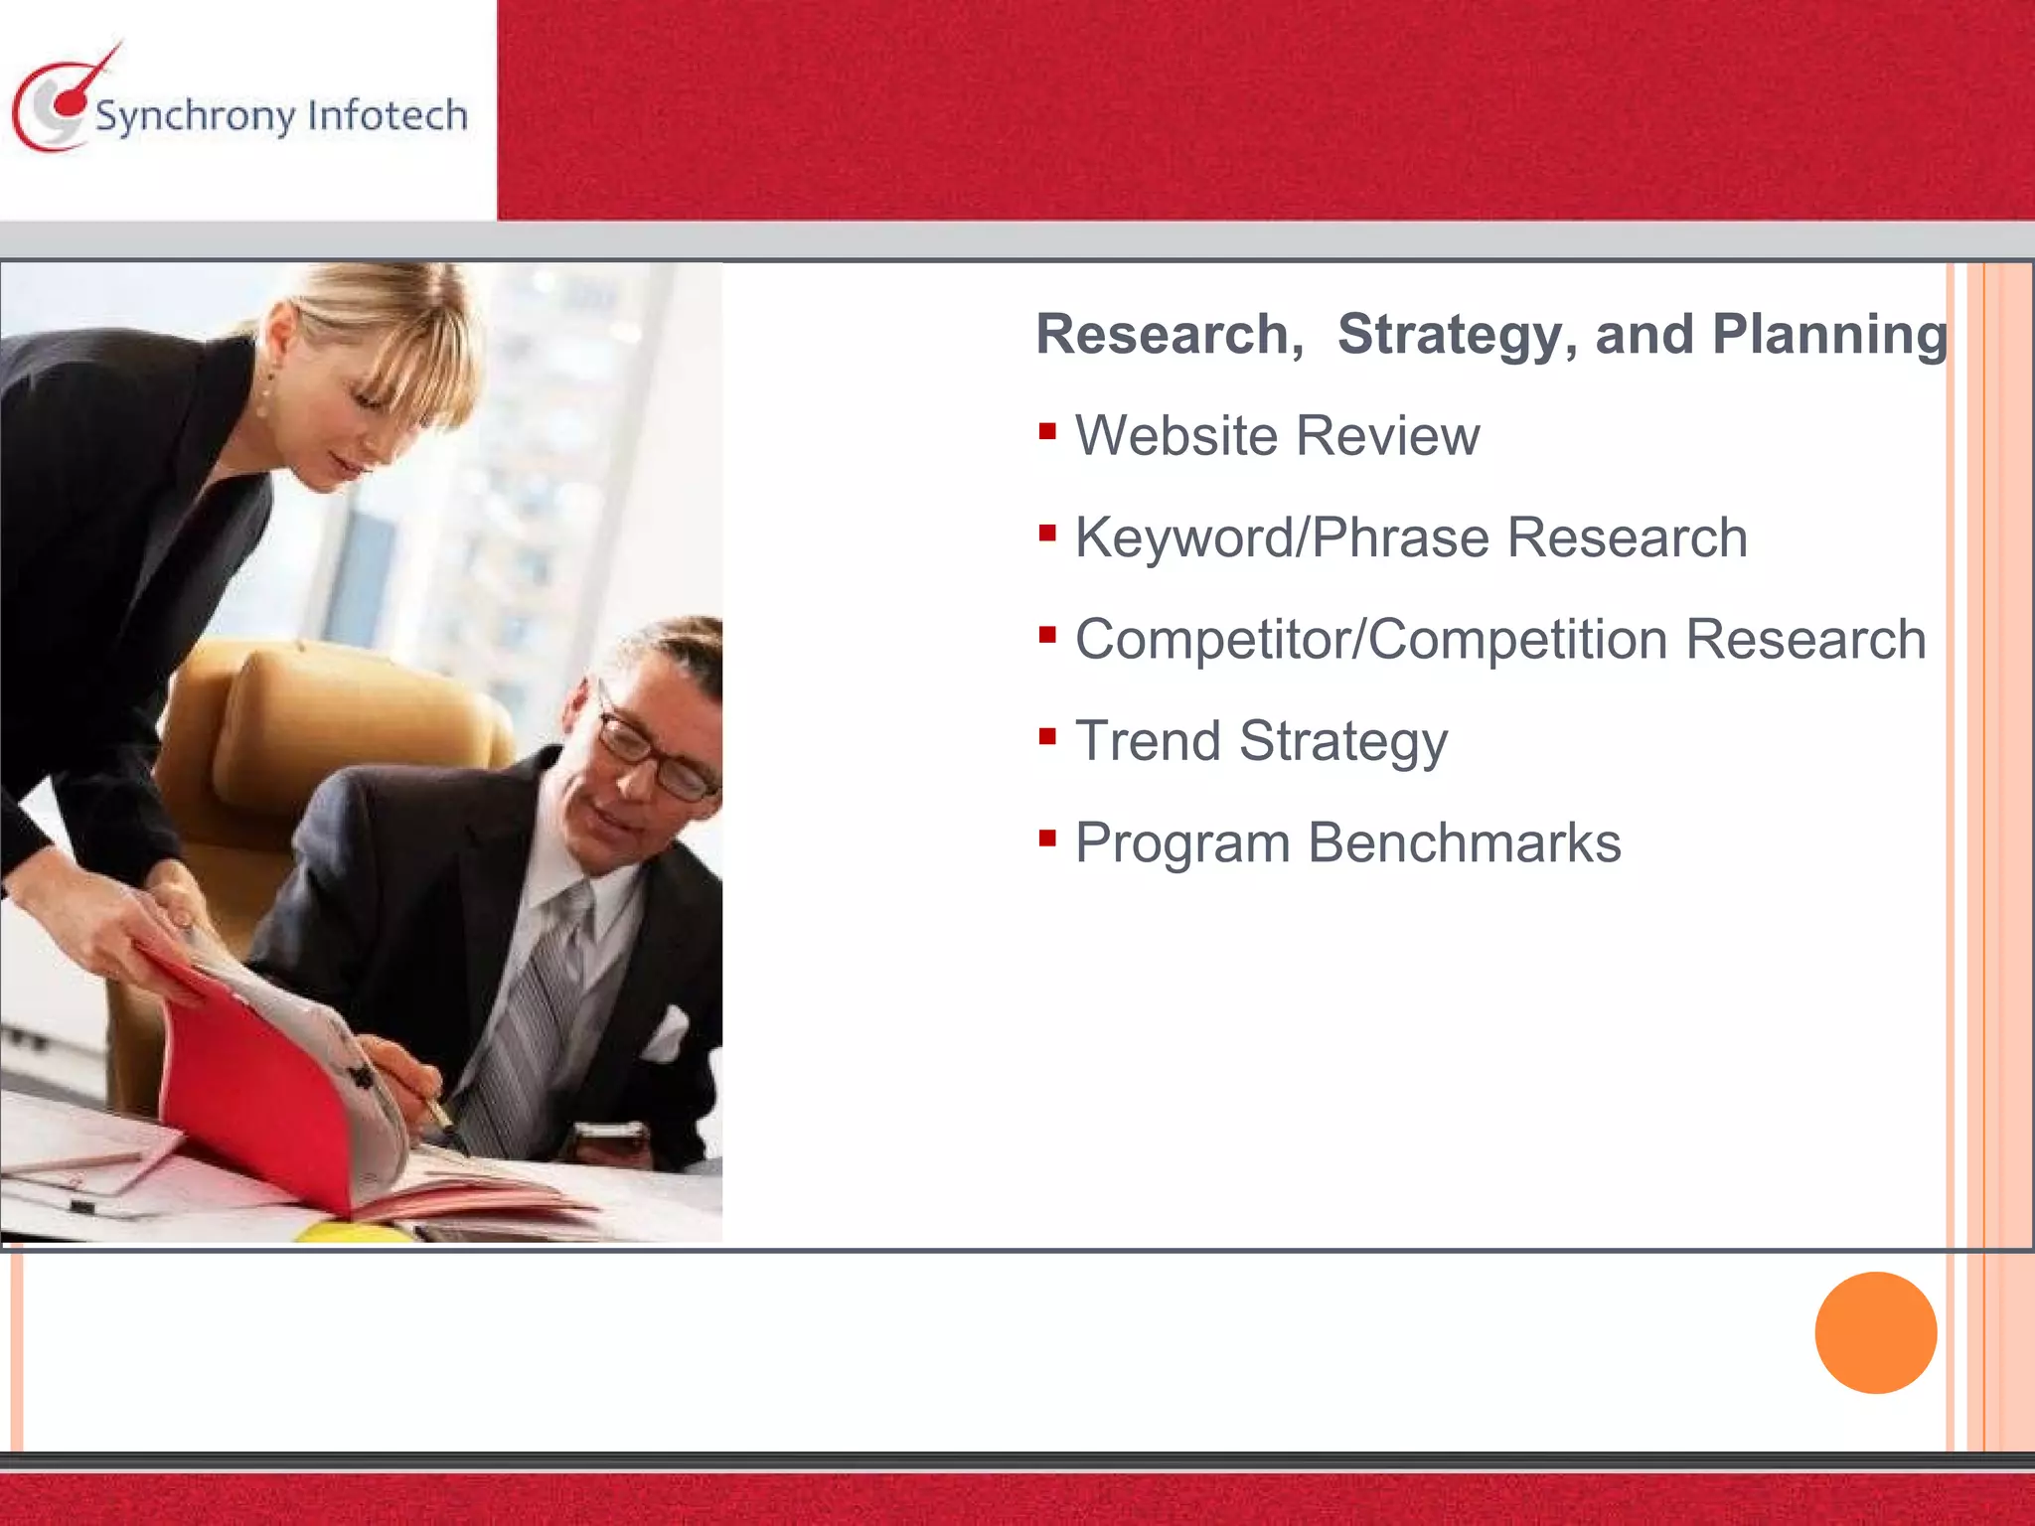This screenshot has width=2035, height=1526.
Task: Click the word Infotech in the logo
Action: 388,115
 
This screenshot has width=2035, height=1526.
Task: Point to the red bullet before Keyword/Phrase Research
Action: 1046,534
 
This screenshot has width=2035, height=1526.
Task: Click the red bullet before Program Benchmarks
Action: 1046,839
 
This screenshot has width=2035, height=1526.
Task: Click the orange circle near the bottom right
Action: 1875,1332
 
